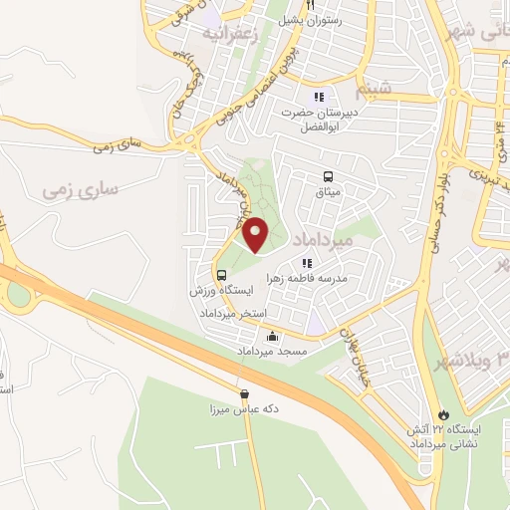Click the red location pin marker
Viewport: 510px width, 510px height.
(x=256, y=234)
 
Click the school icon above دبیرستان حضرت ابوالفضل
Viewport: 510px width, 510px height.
(x=319, y=97)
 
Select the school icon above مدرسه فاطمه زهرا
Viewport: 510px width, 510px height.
(x=307, y=263)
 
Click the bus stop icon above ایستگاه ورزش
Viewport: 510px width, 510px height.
(x=221, y=275)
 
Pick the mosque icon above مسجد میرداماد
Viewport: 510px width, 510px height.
(x=272, y=337)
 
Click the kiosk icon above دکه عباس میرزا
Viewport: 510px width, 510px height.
(x=245, y=394)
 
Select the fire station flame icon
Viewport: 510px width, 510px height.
(x=443, y=413)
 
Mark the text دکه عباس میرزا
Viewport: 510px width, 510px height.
(x=243, y=409)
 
